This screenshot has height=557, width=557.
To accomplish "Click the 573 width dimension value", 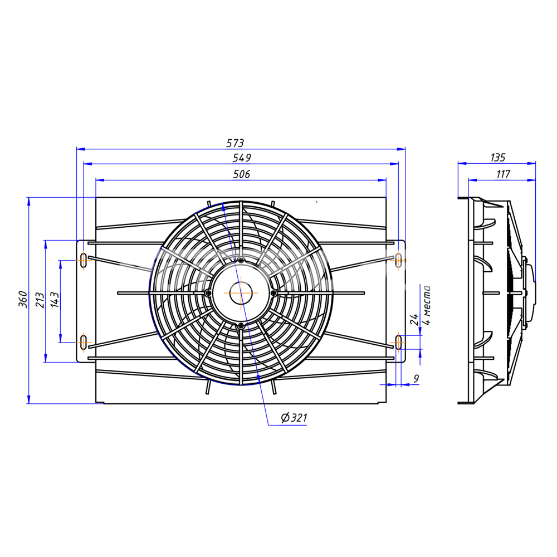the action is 235,143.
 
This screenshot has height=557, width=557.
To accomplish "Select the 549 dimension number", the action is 242,158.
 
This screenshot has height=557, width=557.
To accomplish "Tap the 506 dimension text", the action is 242,174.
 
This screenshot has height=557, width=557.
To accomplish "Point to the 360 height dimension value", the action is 23,299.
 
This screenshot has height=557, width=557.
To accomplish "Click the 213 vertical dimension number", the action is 40,300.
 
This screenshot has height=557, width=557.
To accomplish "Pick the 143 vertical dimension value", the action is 55,300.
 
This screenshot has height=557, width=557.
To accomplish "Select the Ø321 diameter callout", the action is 294,417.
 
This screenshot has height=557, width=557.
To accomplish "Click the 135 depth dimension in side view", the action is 497,158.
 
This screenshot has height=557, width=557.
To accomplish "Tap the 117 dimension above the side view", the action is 503,174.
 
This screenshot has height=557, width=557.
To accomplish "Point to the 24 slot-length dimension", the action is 414,319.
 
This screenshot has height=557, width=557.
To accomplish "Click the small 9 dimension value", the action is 416,379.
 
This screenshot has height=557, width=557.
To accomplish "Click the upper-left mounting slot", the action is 84,260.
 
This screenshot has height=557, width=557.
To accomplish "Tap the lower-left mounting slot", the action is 84,343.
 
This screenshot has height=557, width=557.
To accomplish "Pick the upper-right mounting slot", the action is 398,260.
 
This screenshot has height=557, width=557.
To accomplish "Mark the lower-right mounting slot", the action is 398,343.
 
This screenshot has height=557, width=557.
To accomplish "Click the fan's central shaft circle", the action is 241,293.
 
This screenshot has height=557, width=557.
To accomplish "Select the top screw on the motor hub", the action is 241,261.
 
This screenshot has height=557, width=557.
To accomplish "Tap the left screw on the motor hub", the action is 208,293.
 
